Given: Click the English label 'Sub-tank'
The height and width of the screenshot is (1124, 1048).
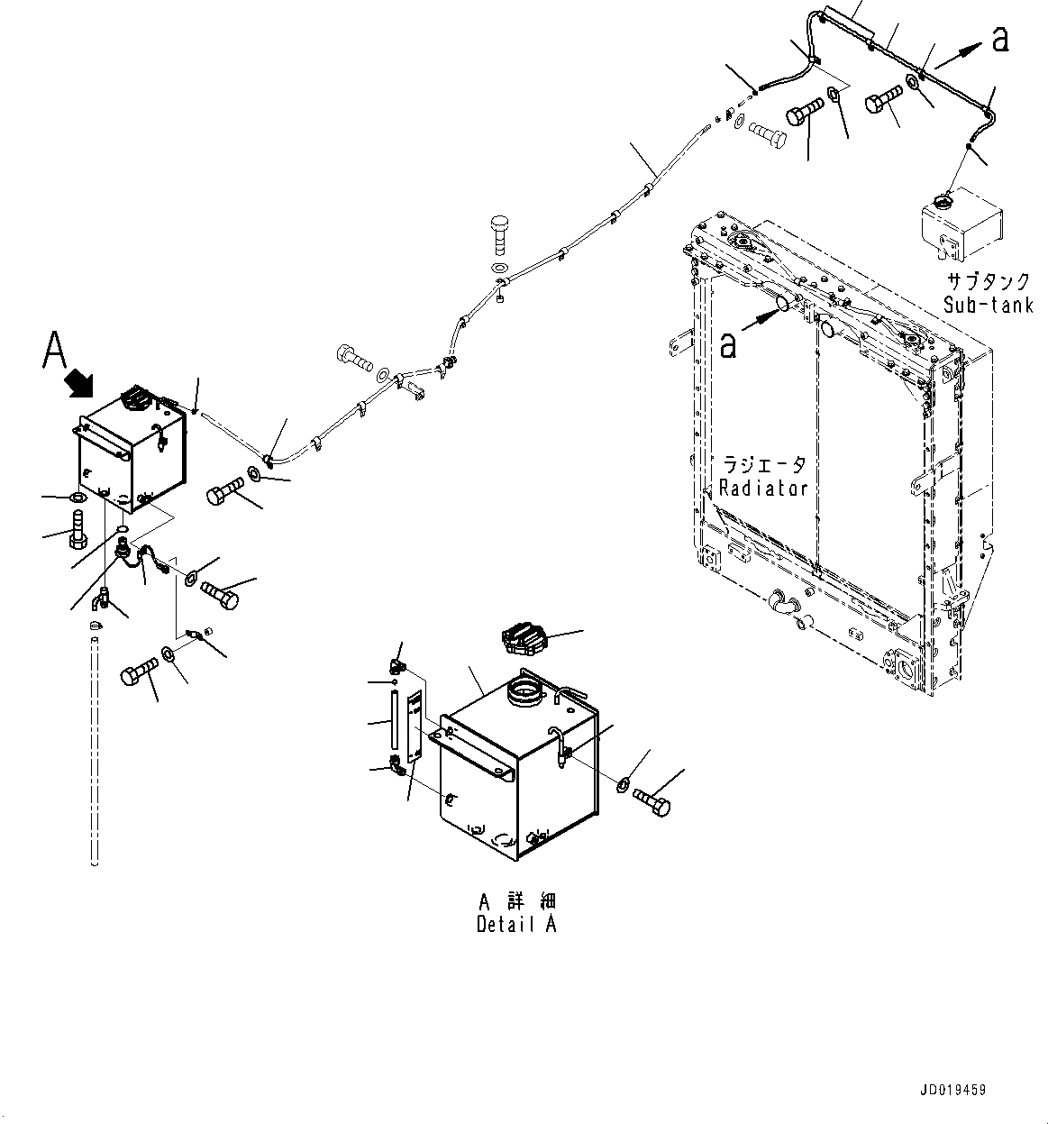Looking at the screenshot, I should click(x=989, y=305).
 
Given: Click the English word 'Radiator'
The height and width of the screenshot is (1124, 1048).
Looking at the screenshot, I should click(x=762, y=488).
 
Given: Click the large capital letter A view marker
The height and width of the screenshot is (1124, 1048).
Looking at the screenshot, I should click(x=54, y=351).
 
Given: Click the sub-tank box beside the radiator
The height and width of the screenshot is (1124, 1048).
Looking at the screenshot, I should click(x=961, y=221).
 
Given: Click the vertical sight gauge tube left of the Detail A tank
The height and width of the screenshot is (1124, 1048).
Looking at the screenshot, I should click(x=394, y=717).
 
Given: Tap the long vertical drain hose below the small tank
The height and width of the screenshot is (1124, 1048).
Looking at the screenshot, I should click(x=95, y=748).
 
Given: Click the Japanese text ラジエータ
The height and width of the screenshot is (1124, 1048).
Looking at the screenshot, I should click(x=763, y=465).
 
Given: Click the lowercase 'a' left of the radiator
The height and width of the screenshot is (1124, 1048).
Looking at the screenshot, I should click(x=728, y=344).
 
